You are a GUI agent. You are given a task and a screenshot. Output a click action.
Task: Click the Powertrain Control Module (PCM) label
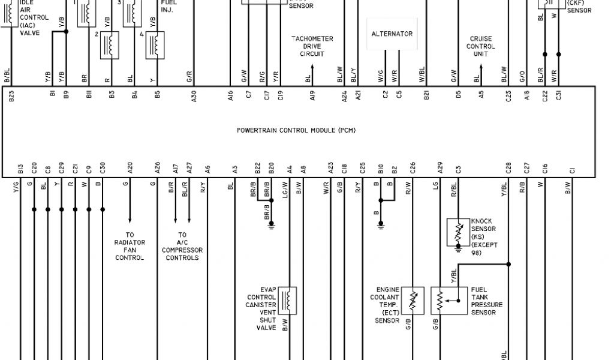[296, 130]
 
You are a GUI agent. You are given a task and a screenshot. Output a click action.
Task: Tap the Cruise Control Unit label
[480, 46]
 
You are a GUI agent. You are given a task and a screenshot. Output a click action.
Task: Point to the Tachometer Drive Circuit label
[312, 46]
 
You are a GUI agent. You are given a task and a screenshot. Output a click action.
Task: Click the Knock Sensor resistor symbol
[458, 232]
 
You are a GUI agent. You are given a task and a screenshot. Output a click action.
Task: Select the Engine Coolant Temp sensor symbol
[413, 301]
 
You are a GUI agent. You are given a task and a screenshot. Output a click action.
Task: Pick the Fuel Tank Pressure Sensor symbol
[441, 301]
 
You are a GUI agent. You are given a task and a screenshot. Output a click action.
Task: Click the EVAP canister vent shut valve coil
[287, 300]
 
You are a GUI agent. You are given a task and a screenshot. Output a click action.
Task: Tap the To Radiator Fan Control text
[130, 246]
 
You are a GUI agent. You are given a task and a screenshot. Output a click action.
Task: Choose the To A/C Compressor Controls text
[182, 246]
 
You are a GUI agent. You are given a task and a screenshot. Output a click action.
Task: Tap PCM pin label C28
[508, 169]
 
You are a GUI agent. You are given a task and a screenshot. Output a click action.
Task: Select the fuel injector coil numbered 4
[156, 44]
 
